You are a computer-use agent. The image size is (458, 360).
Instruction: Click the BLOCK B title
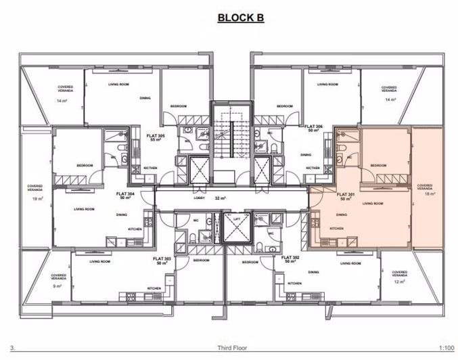coord(240,18)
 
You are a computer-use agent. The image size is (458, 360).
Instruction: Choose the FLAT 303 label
coord(162,258)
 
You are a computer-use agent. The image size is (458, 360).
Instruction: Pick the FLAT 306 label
coord(313,126)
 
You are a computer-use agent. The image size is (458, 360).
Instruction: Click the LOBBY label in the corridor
coord(200,199)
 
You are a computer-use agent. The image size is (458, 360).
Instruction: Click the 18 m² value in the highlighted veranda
coord(424,193)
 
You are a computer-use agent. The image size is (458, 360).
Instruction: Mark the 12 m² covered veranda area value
coord(399,282)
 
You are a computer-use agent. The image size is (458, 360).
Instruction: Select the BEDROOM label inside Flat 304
coord(85,165)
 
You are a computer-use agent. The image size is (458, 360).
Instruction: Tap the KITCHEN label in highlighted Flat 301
coord(336,229)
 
